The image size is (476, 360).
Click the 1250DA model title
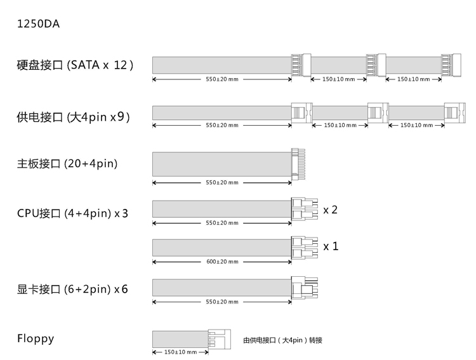point(39,25)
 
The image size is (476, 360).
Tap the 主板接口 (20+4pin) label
point(67,164)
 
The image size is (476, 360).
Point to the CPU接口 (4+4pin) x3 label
point(72,213)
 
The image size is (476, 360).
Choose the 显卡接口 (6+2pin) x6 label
point(72,289)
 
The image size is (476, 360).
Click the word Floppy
point(36,338)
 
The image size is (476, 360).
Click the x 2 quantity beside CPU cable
point(330,210)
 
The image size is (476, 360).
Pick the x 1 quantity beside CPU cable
point(331,246)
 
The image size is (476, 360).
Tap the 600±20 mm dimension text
point(222,262)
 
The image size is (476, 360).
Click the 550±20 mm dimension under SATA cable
point(222,79)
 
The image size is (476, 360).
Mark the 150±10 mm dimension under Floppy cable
point(180,352)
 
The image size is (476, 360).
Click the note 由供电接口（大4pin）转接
point(283,340)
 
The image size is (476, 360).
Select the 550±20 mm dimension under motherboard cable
point(222,183)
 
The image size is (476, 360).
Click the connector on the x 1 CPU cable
point(303,246)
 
